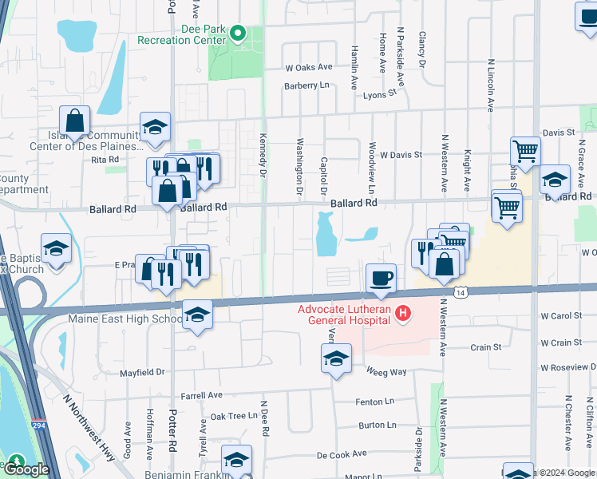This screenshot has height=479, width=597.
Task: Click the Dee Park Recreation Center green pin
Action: pos(238,34)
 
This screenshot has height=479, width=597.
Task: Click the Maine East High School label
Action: pos(125,319)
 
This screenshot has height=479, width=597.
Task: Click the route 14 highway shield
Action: pos(461,293)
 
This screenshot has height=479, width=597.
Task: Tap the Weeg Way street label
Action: pos(386,372)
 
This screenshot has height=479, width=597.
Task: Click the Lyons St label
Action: pos(379,94)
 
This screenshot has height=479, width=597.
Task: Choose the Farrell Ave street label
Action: pos(201,395)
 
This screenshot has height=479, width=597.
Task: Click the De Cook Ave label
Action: pos(342,453)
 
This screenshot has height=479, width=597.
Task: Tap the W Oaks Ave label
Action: pos(308,68)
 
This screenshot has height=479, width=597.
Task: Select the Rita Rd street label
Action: pos(105,160)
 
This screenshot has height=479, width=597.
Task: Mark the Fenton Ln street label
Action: pos(376,402)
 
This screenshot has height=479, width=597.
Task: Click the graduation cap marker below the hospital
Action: pos(337,358)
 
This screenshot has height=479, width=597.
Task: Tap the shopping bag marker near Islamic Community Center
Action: pos(74,122)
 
